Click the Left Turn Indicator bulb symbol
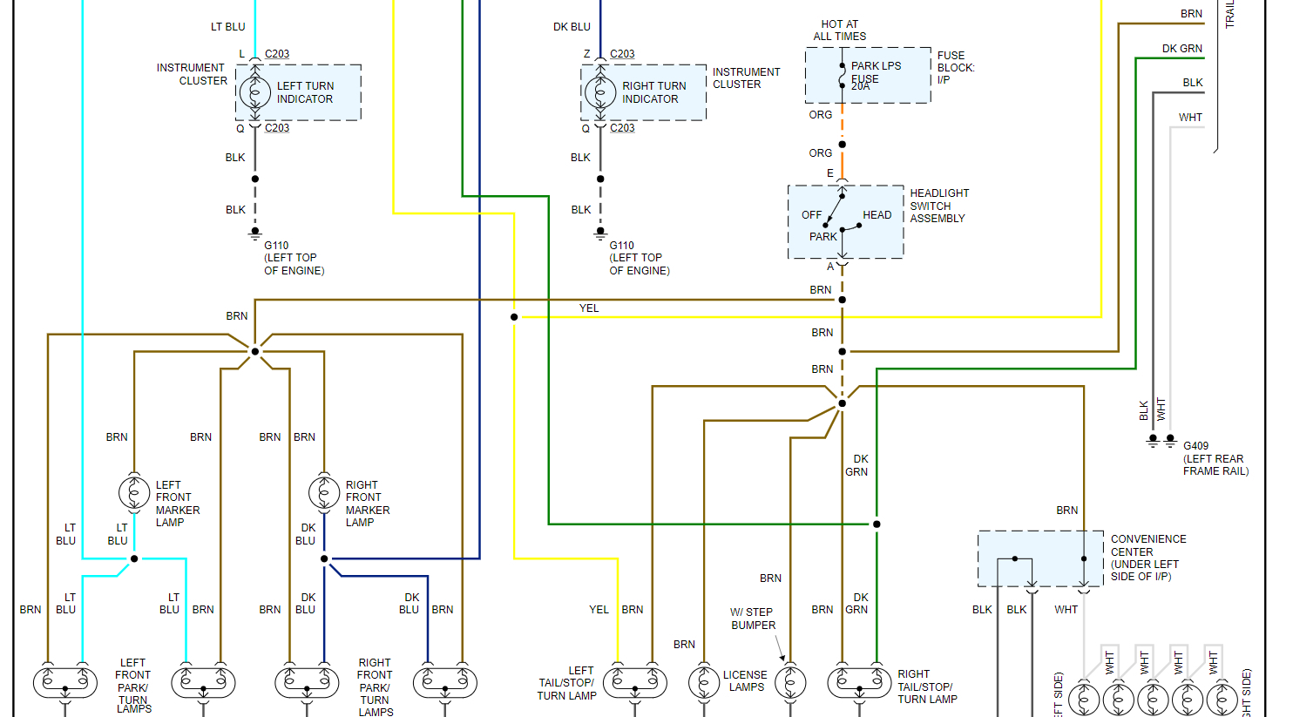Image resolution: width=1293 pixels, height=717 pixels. [x=255, y=91]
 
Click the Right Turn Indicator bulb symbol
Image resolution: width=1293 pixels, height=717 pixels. [x=600, y=91]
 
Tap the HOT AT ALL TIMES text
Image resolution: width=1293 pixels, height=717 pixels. [x=840, y=30]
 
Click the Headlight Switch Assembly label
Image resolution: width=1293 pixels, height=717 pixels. [x=938, y=206]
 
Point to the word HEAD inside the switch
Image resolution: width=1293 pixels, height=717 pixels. [x=877, y=215]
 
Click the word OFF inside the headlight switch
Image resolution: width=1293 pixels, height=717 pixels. [x=811, y=215]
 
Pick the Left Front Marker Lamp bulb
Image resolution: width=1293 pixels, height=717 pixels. [x=134, y=492]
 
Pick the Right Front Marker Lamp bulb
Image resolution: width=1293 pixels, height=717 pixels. [x=324, y=492]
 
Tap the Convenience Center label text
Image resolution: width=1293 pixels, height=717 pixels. [x=1147, y=558]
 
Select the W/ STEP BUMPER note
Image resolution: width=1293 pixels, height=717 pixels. [x=753, y=619]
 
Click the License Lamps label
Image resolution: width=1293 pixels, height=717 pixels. [x=745, y=680]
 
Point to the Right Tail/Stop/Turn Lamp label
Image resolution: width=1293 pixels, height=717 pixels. [x=927, y=687]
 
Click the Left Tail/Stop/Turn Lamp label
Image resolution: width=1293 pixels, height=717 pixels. [x=567, y=683]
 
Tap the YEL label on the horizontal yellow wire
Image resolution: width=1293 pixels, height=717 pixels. [x=589, y=308]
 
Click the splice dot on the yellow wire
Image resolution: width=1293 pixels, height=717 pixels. [x=514, y=317]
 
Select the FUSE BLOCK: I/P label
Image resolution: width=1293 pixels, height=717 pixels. [x=956, y=67]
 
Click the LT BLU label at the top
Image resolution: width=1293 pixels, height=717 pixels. [x=227, y=27]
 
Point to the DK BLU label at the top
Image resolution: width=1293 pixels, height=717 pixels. [x=572, y=27]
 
